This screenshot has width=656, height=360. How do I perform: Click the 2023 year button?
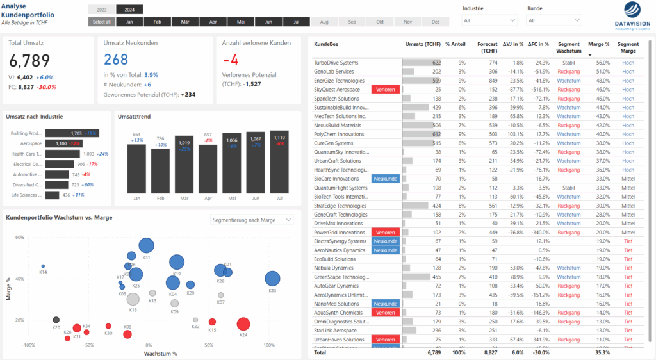coord(102,10)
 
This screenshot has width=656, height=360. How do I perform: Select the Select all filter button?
coord(102,22)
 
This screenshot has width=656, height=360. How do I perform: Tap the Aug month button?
coord(324,22)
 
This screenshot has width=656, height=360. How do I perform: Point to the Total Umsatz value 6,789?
coord(29,61)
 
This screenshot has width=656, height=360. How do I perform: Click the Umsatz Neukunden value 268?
coord(116,60)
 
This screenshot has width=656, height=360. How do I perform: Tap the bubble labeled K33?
coord(272,278)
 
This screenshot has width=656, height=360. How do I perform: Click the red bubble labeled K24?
coord(243,324)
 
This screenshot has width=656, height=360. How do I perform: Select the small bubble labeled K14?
coord(44,266)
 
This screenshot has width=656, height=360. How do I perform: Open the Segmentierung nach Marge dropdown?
coord(252,220)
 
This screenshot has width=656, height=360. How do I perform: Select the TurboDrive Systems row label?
coord(336,63)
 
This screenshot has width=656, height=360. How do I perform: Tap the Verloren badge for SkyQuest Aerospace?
coord(385,90)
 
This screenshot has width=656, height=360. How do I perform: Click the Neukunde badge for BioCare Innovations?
coord(385,179)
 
